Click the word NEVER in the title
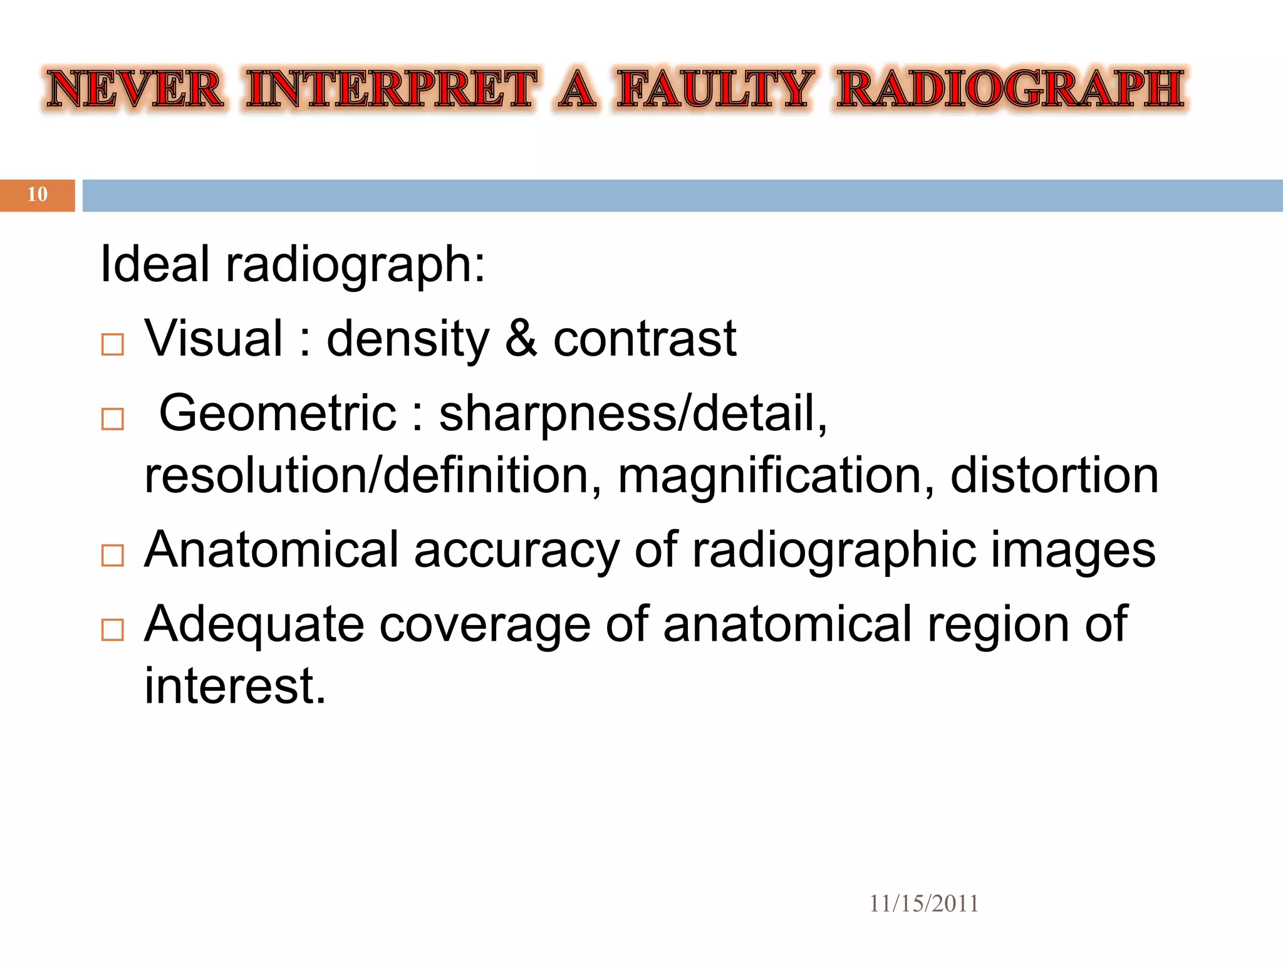tap(135, 89)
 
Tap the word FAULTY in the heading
tap(715, 89)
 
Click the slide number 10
tap(38, 195)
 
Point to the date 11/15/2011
tap(923, 904)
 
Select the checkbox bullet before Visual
tap(113, 344)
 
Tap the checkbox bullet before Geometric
tap(113, 419)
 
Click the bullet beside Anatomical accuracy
tap(113, 556)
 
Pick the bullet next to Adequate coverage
tap(113, 629)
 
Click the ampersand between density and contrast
tap(521, 339)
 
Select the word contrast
tap(645, 339)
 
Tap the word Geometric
tap(278, 413)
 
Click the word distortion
tap(1054, 476)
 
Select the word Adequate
tap(254, 625)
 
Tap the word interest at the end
tap(235, 686)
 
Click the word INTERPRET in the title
tap(392, 89)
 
